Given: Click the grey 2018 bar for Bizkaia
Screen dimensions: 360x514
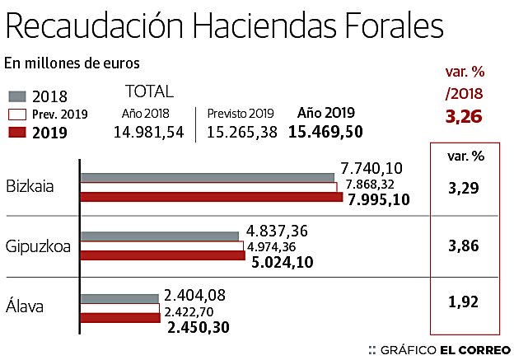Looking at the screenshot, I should point(208,177).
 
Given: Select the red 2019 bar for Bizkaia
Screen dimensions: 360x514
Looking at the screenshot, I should point(212,196).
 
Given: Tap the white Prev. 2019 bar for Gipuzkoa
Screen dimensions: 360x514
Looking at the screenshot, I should point(162,245).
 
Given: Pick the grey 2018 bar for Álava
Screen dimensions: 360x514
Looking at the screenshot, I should point(119,298).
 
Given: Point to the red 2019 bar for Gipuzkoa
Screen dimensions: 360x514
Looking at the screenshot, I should point(163,255).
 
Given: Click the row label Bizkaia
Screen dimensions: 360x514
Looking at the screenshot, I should point(30,185).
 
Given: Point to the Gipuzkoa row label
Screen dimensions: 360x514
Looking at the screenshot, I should point(37,245).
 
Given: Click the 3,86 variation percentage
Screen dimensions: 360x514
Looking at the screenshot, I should point(465,245).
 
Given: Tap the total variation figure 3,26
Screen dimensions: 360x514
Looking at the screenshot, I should point(463,116).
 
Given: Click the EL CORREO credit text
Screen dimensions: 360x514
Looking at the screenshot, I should point(472,349).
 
